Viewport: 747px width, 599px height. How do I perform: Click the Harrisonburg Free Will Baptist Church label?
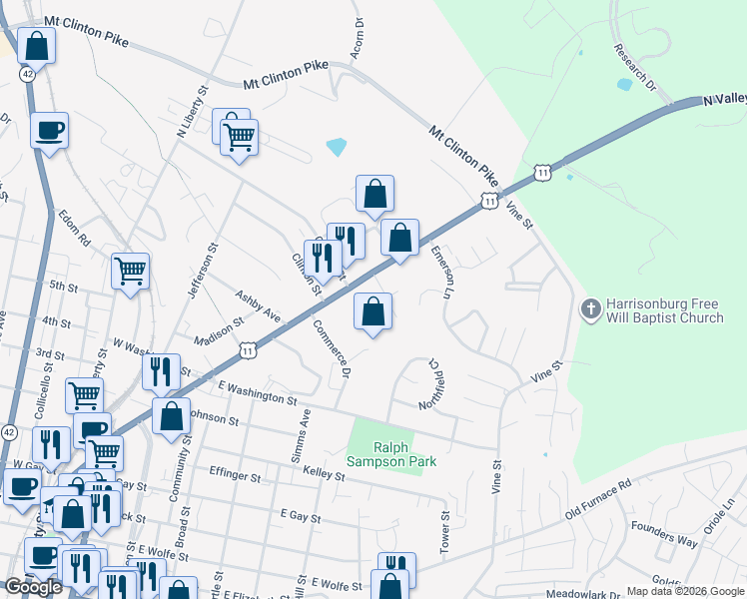click(666, 311)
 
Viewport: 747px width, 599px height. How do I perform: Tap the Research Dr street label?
click(635, 67)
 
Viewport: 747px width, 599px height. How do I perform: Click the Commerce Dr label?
click(333, 348)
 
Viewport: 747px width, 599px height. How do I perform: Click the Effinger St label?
click(235, 474)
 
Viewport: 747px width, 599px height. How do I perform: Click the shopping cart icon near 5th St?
click(131, 270)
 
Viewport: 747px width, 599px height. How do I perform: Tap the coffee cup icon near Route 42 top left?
click(49, 130)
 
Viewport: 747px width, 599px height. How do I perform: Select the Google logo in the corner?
click(33, 587)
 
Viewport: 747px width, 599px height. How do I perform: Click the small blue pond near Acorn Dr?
click(336, 147)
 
